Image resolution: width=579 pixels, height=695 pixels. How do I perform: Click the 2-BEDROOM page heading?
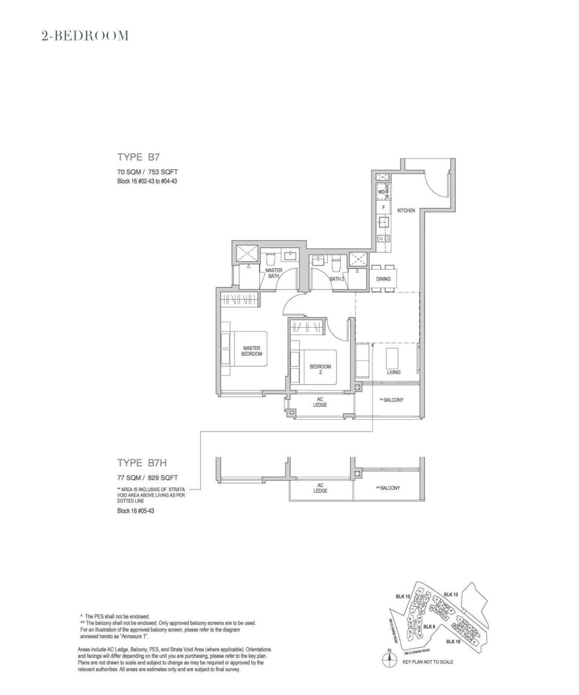(x=85, y=36)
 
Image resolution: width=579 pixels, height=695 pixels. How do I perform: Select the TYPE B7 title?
(x=138, y=157)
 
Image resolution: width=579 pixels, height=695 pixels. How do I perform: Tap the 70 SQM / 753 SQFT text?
(x=147, y=172)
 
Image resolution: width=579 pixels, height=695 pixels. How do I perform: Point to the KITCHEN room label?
(x=406, y=211)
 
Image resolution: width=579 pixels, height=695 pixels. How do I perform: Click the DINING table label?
(x=383, y=279)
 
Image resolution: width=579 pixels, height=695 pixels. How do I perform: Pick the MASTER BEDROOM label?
(x=251, y=351)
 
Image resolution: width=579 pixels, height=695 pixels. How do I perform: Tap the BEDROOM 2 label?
(x=320, y=369)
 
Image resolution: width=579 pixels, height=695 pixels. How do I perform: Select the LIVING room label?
(x=393, y=372)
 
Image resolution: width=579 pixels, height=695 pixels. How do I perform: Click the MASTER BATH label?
(x=273, y=273)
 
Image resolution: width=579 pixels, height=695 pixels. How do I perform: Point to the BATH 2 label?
(x=337, y=279)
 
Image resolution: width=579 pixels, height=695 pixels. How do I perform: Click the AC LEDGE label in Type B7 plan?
(x=320, y=402)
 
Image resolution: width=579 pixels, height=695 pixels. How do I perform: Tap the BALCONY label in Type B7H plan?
(x=388, y=488)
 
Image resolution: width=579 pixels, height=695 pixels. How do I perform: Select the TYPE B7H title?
(x=142, y=463)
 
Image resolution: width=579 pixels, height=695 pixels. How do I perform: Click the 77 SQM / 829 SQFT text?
(x=147, y=478)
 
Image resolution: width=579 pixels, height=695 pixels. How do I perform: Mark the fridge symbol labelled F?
(x=384, y=207)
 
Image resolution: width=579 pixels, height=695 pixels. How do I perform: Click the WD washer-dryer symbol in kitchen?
(x=381, y=192)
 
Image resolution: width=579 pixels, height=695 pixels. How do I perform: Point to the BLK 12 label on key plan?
(x=451, y=594)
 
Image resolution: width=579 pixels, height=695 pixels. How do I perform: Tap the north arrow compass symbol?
(x=389, y=660)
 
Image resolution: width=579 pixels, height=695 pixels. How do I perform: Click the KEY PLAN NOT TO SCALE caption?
(x=428, y=662)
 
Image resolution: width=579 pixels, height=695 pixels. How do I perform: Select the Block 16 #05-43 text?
(x=135, y=511)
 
